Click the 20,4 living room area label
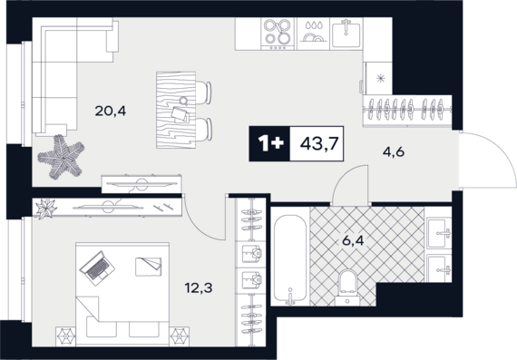click(x=110, y=112)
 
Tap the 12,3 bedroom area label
click(x=199, y=288)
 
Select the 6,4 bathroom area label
click(x=353, y=240)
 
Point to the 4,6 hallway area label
click(x=394, y=152)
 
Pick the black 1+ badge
click(x=269, y=144)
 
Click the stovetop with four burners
click(x=278, y=34)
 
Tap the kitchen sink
click(x=346, y=34)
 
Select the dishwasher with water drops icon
click(x=313, y=34)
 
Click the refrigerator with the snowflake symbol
click(x=378, y=78)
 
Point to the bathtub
click(x=290, y=259)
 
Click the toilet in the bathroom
click(x=348, y=287)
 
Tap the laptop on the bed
click(x=97, y=268)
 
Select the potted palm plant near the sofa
click(x=61, y=157)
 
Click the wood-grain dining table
click(x=176, y=110)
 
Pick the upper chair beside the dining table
click(x=203, y=92)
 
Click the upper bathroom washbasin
click(x=439, y=233)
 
